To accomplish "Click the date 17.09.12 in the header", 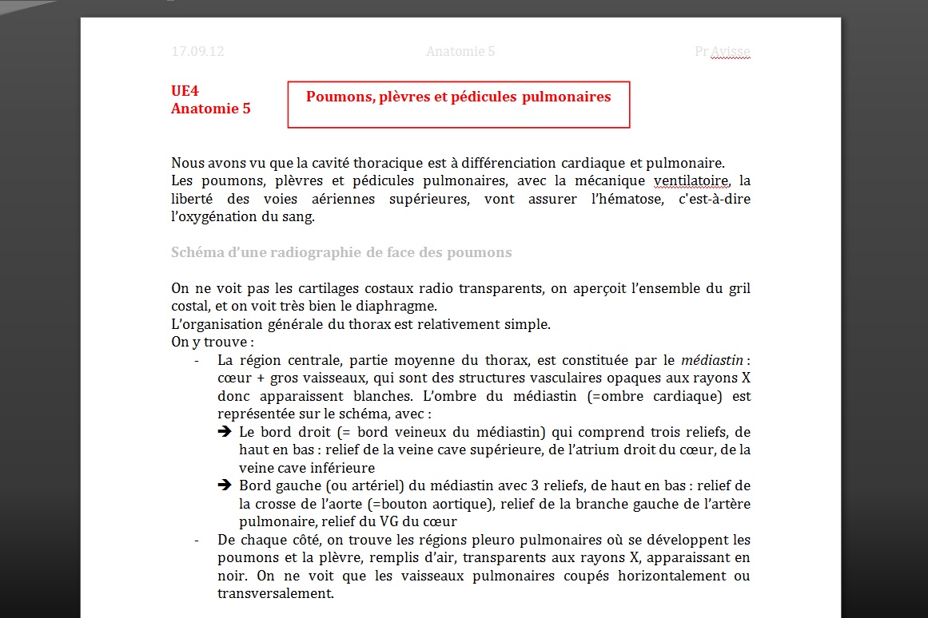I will pyautogui.click(x=197, y=52).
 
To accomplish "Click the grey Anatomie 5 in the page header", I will pyautogui.click(x=460, y=52).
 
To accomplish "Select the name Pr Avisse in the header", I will pyautogui.click(x=723, y=52).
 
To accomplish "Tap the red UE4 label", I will pyautogui.click(x=185, y=91).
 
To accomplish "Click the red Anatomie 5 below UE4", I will pyautogui.click(x=210, y=109).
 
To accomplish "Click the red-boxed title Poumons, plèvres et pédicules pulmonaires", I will pyautogui.click(x=458, y=97).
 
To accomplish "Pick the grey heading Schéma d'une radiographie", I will pyautogui.click(x=341, y=252).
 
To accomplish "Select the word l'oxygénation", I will pyautogui.click(x=213, y=216).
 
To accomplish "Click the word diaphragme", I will pyautogui.click(x=398, y=306).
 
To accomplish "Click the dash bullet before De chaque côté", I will pyautogui.click(x=197, y=540).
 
